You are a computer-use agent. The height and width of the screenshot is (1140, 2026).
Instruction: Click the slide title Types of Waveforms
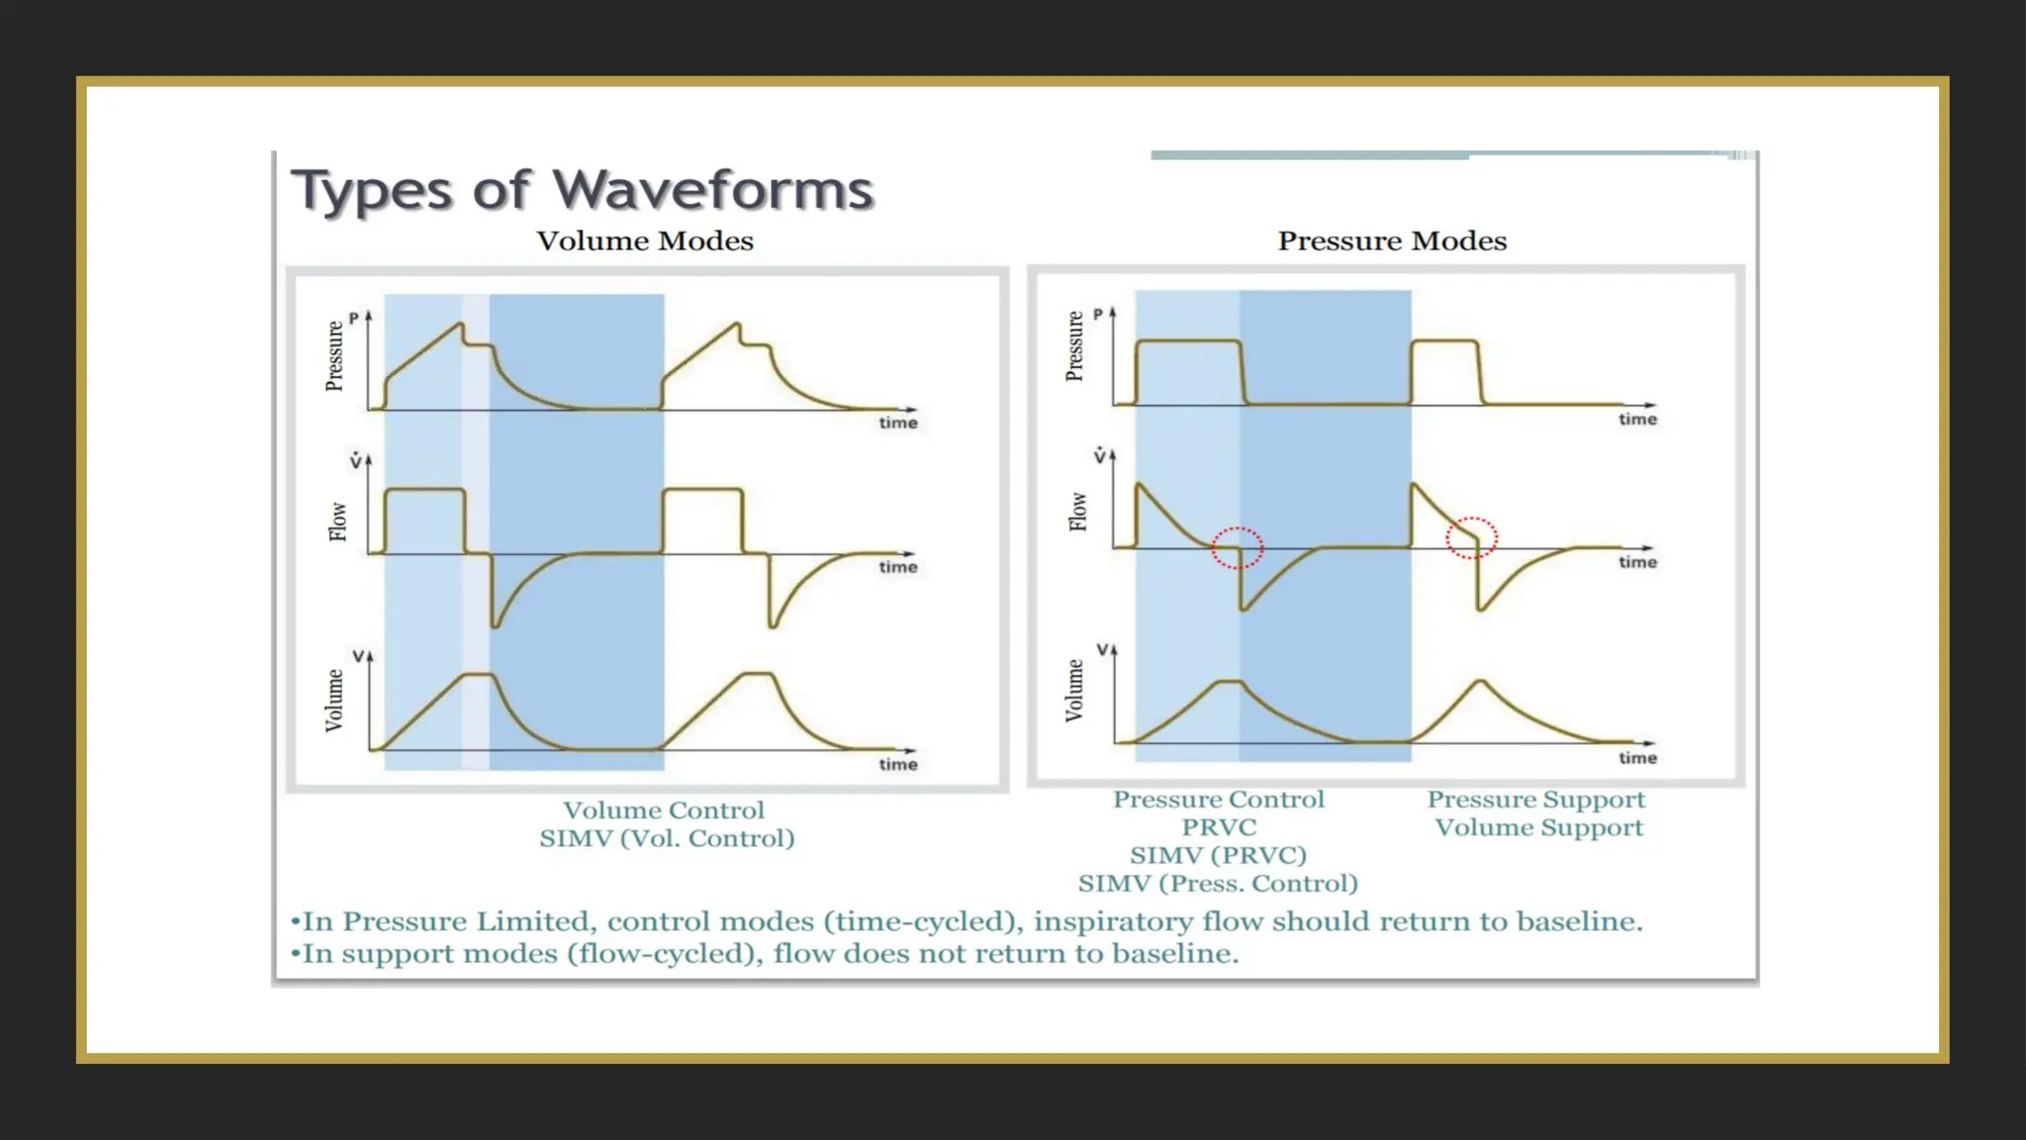click(x=582, y=190)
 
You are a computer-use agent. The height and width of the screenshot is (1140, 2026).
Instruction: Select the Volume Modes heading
click(x=645, y=240)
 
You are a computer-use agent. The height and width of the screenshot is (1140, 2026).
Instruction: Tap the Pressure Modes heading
click(x=1392, y=240)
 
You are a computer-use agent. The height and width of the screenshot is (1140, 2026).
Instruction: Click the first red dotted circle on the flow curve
click(x=1238, y=547)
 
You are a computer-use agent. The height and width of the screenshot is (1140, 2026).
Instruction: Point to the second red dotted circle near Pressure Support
click(x=1471, y=538)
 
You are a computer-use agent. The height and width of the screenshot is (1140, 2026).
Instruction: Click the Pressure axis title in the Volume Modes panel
click(x=334, y=356)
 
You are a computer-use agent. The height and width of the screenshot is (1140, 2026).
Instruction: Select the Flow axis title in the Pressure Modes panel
click(x=1077, y=512)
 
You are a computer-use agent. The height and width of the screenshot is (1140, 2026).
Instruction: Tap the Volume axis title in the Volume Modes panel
click(x=334, y=701)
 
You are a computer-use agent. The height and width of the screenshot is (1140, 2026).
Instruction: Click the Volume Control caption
click(x=664, y=810)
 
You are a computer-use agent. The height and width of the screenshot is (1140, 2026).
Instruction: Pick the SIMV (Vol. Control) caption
click(x=667, y=839)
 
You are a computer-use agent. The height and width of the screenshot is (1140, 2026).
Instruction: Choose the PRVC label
click(x=1219, y=827)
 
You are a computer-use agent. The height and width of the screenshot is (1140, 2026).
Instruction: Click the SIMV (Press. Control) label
click(x=1218, y=884)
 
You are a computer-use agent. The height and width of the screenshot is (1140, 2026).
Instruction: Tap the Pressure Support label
click(x=1536, y=800)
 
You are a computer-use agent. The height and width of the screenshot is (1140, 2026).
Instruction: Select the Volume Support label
click(x=1538, y=827)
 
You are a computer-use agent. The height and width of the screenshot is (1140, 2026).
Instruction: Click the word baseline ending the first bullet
click(x=1577, y=922)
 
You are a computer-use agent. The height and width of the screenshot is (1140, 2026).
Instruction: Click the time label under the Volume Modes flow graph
click(x=898, y=567)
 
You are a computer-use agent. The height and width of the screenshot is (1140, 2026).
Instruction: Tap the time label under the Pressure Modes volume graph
click(x=1637, y=758)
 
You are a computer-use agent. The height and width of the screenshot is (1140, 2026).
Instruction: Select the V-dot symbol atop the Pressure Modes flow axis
click(x=1099, y=456)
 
